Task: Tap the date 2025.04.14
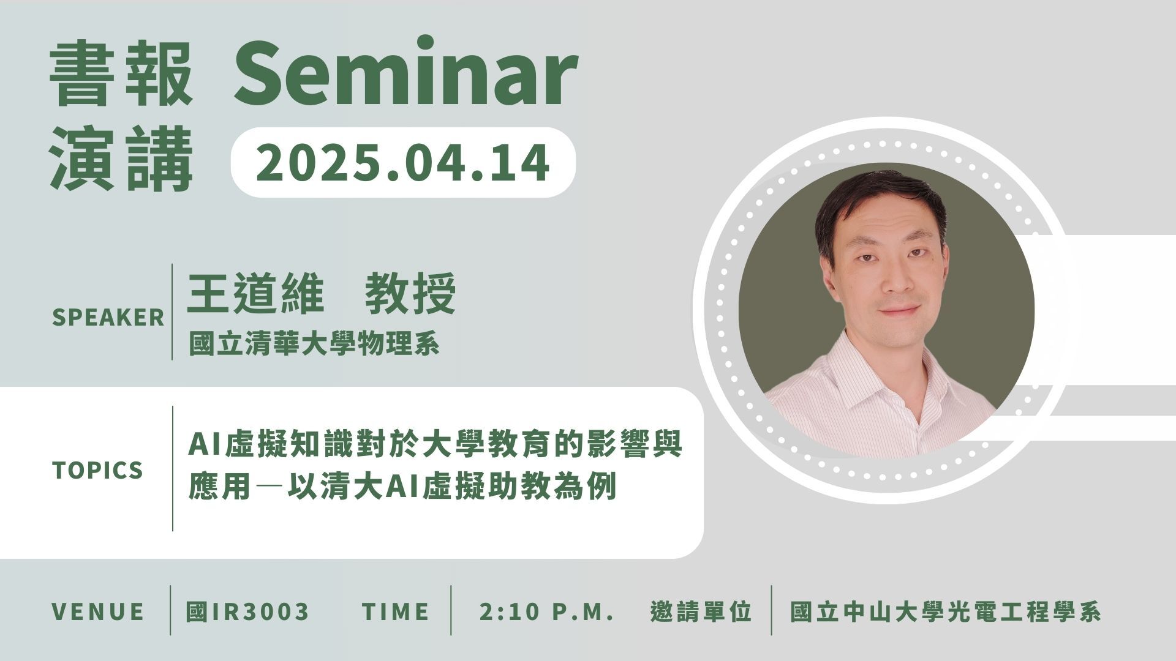click(402, 162)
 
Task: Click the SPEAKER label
click(108, 317)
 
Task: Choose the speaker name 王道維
click(255, 294)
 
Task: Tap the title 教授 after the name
click(410, 294)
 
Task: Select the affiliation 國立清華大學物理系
click(314, 344)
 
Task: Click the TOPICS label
click(97, 470)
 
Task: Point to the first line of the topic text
click(435, 444)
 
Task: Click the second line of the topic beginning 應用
click(402, 487)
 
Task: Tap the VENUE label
click(98, 611)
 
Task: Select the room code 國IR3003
click(247, 611)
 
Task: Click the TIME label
click(395, 611)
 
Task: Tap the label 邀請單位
click(701, 611)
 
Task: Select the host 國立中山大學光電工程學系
click(946, 611)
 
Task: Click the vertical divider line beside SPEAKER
click(172, 312)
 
